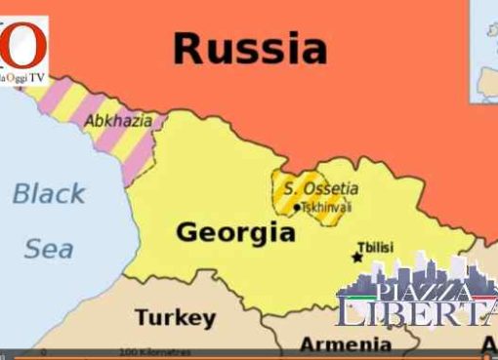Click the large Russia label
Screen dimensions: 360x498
250,47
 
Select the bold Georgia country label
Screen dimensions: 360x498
234,233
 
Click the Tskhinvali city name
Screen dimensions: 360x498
327,207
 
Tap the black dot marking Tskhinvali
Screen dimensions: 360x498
297,207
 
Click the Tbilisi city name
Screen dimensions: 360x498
377,248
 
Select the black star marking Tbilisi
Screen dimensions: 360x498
355,257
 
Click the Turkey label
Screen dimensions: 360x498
175,318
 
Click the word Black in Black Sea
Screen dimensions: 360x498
48,193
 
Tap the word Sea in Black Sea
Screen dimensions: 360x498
48,249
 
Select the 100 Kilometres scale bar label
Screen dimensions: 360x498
155,350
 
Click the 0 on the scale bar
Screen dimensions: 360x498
43,350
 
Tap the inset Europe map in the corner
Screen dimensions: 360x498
484,49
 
